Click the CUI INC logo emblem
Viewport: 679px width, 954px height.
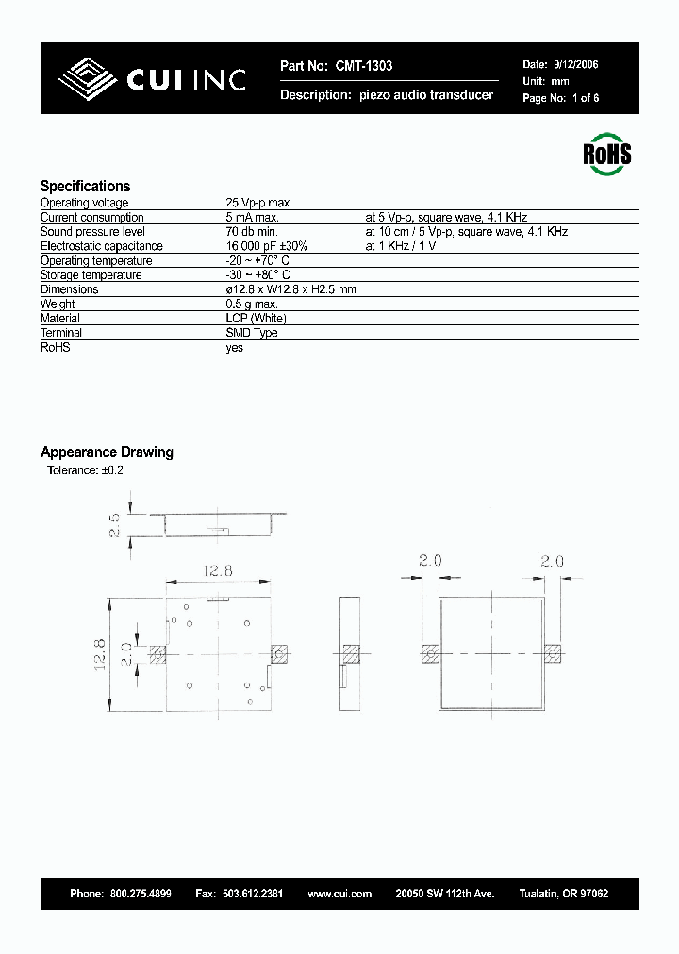coord(89,79)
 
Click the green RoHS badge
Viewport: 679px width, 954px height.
coord(607,155)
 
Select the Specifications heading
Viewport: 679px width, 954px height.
coord(85,186)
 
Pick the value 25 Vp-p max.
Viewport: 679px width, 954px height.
coord(259,203)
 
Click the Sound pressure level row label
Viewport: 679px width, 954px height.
coord(92,232)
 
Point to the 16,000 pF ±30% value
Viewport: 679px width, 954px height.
coord(267,246)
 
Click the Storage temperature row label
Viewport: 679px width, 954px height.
coord(91,275)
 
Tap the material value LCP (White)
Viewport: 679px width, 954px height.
coord(256,319)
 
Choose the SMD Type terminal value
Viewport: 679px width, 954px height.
coord(252,333)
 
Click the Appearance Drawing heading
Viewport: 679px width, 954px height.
coord(107,452)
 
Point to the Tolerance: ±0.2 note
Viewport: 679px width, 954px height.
coord(86,469)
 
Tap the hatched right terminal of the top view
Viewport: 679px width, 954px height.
coord(279,653)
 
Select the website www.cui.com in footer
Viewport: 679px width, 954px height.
coord(339,893)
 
